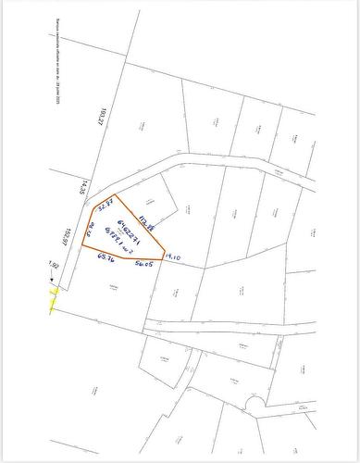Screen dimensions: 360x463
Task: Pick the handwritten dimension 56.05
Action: tap(143, 265)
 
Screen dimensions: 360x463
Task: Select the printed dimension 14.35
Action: tap(81, 187)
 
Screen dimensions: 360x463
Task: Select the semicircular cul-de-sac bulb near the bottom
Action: tap(254, 404)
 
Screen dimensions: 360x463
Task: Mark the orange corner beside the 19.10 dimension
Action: tap(164, 259)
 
